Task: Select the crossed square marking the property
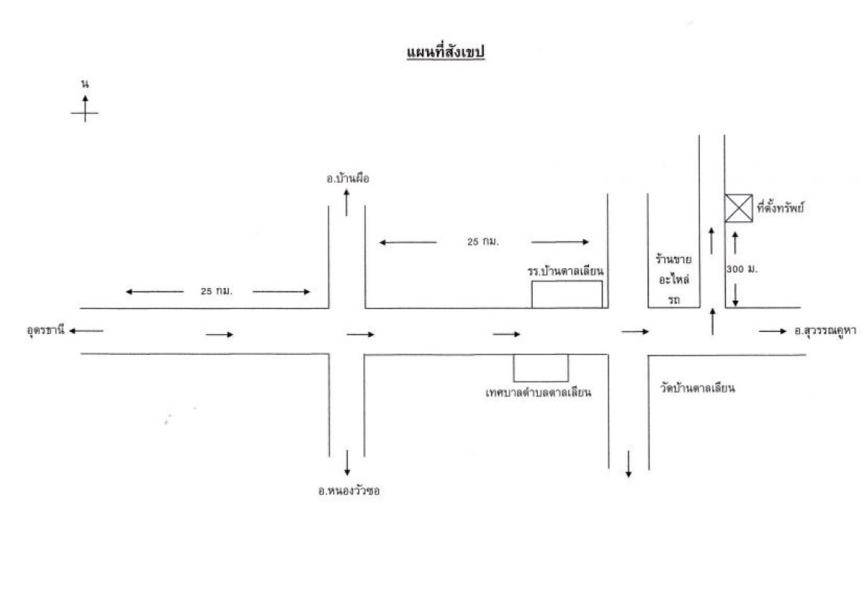click(x=738, y=208)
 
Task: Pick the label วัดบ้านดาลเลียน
click(x=697, y=388)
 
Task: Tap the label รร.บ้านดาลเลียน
click(x=565, y=271)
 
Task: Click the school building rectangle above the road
click(x=567, y=294)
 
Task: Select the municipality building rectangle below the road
click(x=541, y=368)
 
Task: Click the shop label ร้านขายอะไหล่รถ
click(x=674, y=280)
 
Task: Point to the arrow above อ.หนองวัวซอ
click(x=347, y=462)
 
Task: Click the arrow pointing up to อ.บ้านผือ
click(x=347, y=202)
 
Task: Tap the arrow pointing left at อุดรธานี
click(x=88, y=330)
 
